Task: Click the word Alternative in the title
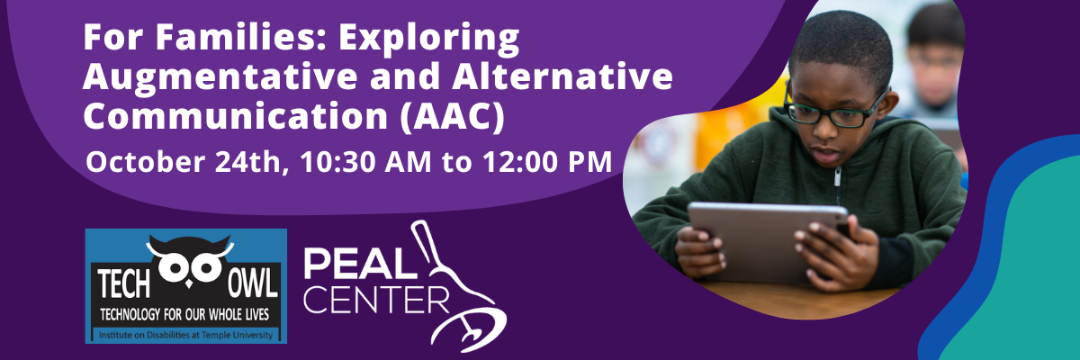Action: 562,76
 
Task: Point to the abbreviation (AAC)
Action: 453,117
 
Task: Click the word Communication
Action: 236,116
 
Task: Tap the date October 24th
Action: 187,162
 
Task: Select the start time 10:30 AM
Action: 365,162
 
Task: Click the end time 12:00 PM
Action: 547,162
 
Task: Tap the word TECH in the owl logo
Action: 124,284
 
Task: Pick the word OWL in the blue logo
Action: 253,284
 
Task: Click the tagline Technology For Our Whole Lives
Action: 184,315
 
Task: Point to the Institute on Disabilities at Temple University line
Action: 185,335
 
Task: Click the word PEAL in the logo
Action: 360,264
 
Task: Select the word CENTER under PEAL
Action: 376,301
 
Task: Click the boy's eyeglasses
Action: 834,110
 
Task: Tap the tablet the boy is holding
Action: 768,242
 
